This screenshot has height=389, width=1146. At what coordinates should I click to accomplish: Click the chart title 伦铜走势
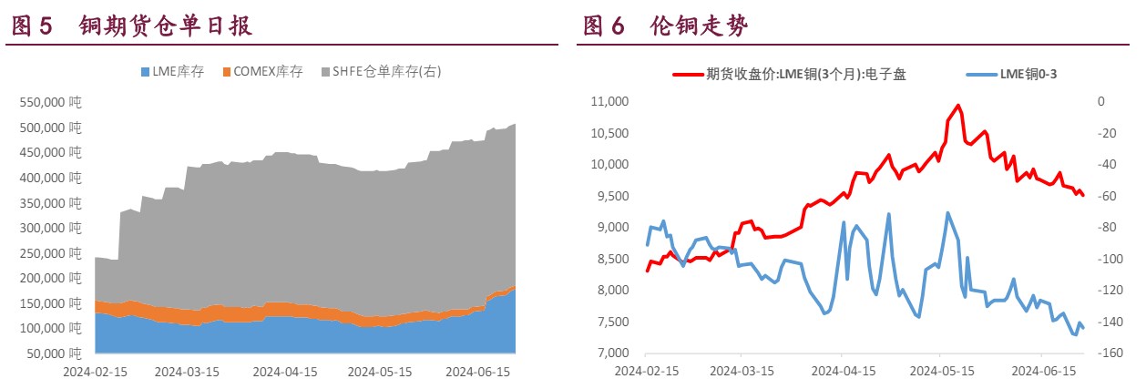(699, 26)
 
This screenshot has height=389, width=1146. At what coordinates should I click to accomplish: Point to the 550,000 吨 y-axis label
(49, 103)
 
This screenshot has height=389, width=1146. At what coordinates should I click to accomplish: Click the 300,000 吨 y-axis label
(49, 228)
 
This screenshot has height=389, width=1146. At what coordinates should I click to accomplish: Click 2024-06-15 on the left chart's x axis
(480, 372)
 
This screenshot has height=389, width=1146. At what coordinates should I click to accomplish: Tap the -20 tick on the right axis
(1103, 133)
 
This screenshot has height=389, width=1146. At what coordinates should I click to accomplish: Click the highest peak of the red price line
(957, 105)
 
